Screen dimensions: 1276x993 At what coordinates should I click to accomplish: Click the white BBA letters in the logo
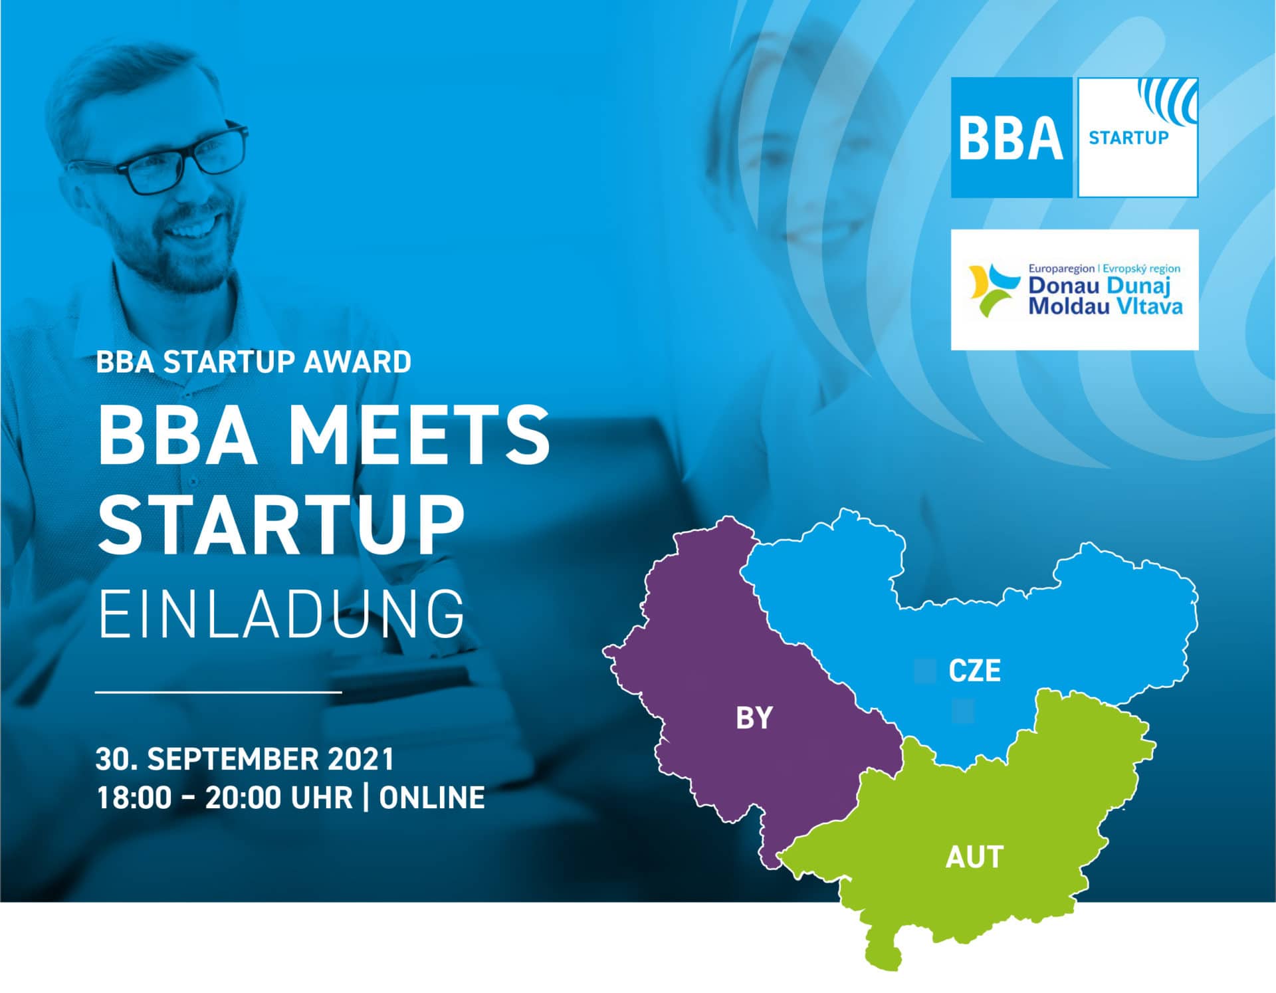coord(1011,138)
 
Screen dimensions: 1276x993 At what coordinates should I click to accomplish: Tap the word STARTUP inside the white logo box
coord(1128,138)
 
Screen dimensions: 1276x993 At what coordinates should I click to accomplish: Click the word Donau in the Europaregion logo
coord(1064,286)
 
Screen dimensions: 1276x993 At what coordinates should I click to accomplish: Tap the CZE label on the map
coord(975,671)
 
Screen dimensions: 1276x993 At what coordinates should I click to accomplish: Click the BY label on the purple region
coord(754,718)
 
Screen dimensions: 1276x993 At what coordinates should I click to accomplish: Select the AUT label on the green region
coord(974,857)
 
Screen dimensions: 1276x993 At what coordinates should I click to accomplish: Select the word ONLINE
coord(432,798)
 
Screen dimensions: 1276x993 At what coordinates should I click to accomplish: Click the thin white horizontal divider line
coord(219,692)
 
